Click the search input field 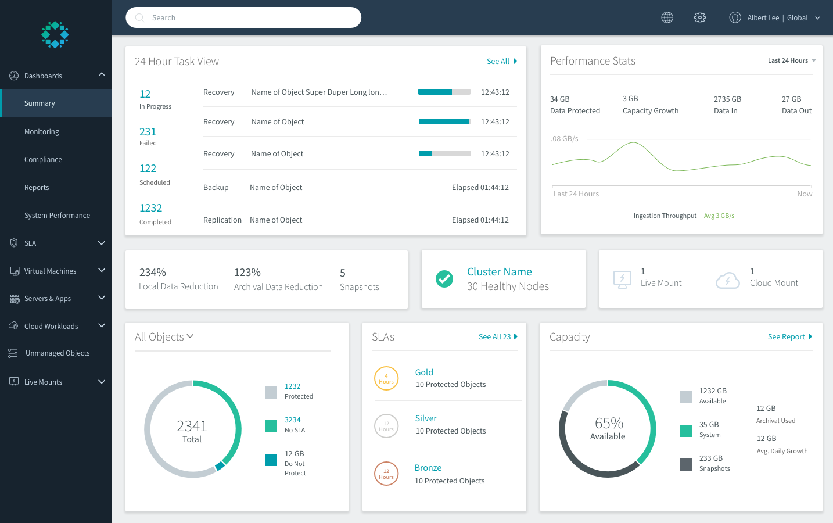click(x=244, y=17)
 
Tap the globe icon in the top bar click(x=667, y=17)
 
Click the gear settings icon click(x=700, y=17)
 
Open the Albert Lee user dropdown click(x=775, y=17)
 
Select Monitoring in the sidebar click(x=42, y=132)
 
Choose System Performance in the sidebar click(x=57, y=216)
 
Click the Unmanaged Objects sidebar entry click(x=57, y=353)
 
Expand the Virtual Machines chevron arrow click(x=102, y=270)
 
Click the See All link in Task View click(x=501, y=61)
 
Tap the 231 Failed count click(x=148, y=132)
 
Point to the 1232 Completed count click(x=150, y=208)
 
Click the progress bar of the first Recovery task click(x=444, y=92)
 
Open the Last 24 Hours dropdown click(x=791, y=60)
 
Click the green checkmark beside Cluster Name click(x=444, y=279)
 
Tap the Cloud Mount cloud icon click(x=728, y=280)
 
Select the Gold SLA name click(x=424, y=372)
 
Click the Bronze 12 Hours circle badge click(x=386, y=474)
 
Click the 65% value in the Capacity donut click(x=608, y=423)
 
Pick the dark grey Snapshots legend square click(x=685, y=464)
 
